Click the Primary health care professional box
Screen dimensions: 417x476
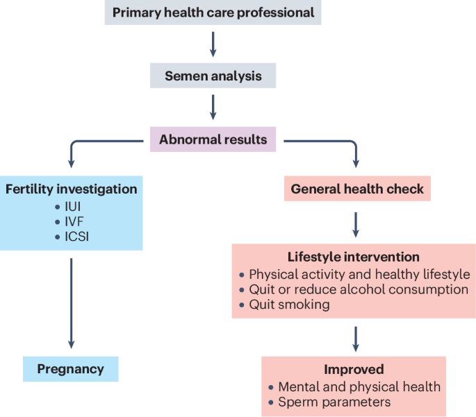click(213, 12)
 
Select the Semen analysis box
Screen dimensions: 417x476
click(213, 76)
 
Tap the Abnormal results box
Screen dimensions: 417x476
click(213, 139)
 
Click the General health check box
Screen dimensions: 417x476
click(357, 188)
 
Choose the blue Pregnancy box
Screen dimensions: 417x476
click(70, 368)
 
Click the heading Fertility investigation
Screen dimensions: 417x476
click(71, 189)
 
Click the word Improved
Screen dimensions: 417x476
click(354, 370)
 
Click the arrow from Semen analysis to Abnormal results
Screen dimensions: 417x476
click(213, 107)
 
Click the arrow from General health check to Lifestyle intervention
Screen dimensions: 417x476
click(356, 223)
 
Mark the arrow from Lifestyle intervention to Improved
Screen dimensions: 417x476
click(356, 337)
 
